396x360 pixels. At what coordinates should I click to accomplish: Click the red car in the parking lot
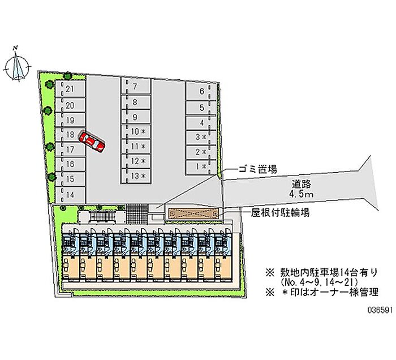[92, 141]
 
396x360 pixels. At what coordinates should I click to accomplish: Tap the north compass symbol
[18, 65]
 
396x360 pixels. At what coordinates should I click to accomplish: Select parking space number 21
[70, 88]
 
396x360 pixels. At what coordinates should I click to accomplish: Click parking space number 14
[70, 195]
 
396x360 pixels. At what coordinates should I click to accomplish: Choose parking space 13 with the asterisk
[136, 176]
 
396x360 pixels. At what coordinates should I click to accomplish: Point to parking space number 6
[201, 91]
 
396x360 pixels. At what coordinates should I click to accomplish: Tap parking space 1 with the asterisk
[201, 167]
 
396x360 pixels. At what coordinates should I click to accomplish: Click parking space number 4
[201, 123]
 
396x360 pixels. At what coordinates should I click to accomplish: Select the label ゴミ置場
[257, 169]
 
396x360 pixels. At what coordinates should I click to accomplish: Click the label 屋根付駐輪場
[280, 213]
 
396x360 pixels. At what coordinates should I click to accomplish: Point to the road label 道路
[302, 184]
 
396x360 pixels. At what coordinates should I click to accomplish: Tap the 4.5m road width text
[302, 194]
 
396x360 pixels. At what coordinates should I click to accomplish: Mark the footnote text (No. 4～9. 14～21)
[318, 282]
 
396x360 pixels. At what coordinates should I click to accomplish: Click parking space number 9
[136, 117]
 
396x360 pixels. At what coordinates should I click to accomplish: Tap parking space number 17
[70, 149]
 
